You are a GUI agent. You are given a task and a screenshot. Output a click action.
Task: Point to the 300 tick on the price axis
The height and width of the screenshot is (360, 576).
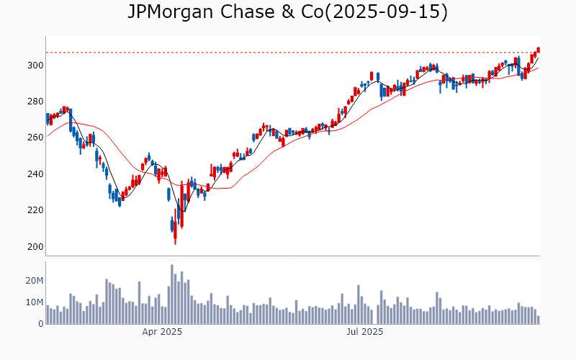click(35, 65)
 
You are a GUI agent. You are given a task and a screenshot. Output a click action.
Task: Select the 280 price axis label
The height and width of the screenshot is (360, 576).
click(35, 102)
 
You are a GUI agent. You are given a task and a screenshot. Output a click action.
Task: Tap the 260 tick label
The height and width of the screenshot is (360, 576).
click(35, 138)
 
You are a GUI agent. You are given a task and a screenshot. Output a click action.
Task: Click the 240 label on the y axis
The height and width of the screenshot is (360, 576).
click(35, 174)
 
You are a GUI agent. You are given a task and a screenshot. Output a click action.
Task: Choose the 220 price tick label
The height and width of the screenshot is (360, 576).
click(35, 210)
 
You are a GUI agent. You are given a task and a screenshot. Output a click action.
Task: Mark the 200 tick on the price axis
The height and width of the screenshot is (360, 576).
click(35, 247)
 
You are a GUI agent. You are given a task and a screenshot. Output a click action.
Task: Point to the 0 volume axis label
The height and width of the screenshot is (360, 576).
click(41, 324)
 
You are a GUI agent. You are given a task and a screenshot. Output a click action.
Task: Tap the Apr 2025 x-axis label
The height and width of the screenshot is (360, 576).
click(162, 332)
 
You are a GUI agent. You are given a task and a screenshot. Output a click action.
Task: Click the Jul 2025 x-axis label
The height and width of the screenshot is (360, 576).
click(364, 332)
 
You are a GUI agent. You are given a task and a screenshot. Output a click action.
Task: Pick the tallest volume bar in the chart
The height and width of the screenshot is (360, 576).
click(172, 294)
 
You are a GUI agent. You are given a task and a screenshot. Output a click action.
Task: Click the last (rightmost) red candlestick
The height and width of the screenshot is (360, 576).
click(538, 50)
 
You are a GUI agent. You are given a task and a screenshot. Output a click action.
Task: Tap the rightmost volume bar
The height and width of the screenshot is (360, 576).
click(538, 320)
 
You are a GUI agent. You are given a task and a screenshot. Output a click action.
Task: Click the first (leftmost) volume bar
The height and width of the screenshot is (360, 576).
click(48, 315)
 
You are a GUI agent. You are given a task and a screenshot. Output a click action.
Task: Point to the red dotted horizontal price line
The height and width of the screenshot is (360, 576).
click(288, 52)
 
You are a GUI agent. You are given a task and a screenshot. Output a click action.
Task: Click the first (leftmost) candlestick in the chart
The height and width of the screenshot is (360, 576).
click(48, 119)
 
